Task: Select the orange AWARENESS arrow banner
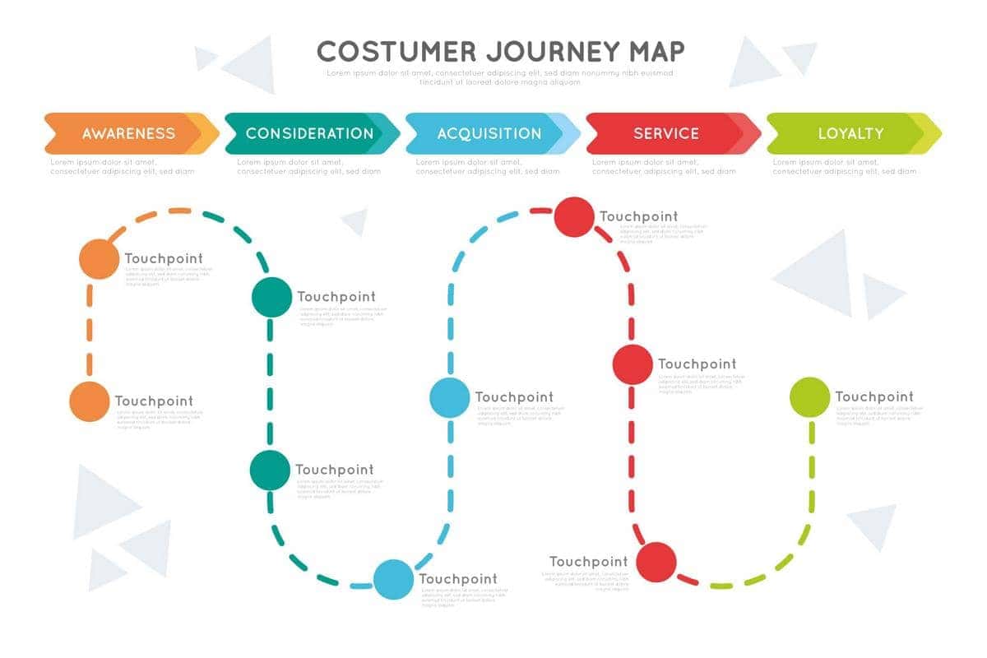pyautogui.click(x=129, y=133)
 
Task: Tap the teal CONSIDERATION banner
pyautogui.click(x=309, y=133)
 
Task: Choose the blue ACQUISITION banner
pyautogui.click(x=489, y=133)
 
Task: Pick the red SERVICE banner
pyautogui.click(x=666, y=133)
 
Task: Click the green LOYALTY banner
pyautogui.click(x=850, y=133)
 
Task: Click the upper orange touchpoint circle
pyautogui.click(x=99, y=259)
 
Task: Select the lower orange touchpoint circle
pyautogui.click(x=89, y=401)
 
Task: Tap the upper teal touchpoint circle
pyautogui.click(x=271, y=297)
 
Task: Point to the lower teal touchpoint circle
pyautogui.click(x=270, y=470)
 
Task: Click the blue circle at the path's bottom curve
pyautogui.click(x=393, y=579)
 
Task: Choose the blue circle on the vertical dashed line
pyautogui.click(x=450, y=397)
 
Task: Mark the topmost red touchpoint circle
pyautogui.click(x=574, y=217)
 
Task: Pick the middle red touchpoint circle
pyautogui.click(x=633, y=364)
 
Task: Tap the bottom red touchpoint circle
pyautogui.click(x=656, y=562)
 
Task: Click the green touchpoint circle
pyautogui.click(x=809, y=396)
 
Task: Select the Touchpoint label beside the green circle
pyautogui.click(x=874, y=396)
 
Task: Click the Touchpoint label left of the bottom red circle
pyautogui.click(x=588, y=562)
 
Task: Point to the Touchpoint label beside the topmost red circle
pyautogui.click(x=639, y=217)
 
